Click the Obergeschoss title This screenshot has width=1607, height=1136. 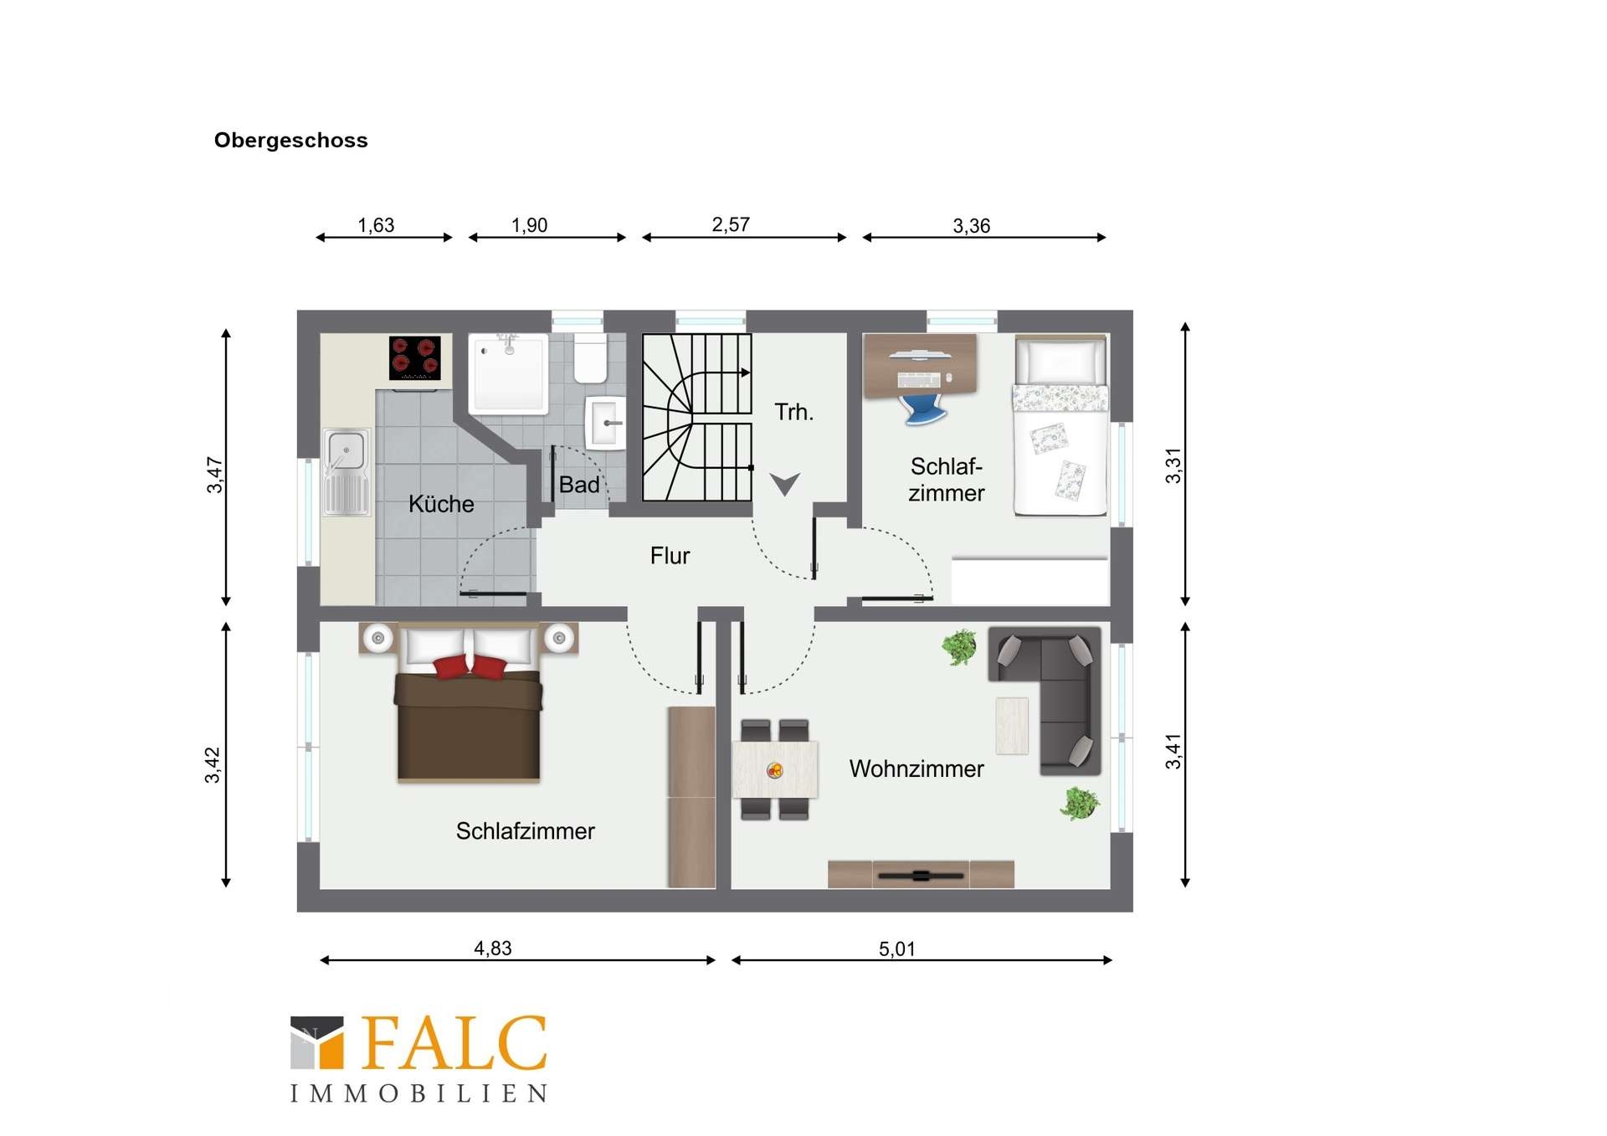290,140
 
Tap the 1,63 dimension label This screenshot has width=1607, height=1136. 376,225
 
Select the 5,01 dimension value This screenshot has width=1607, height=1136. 897,948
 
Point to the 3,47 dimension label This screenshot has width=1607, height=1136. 215,475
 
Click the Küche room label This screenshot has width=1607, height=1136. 441,504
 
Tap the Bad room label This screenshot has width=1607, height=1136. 579,485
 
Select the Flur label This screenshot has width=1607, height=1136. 670,556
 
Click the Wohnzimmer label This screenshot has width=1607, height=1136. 916,768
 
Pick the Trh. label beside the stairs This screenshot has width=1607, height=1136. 793,412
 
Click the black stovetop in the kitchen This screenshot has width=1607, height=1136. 415,358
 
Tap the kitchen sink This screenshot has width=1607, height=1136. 347,472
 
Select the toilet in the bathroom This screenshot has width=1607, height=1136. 590,358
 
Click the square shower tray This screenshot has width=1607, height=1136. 509,373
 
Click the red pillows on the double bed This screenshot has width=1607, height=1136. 470,667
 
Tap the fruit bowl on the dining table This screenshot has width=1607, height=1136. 775,770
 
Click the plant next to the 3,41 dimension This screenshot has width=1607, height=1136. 1080,804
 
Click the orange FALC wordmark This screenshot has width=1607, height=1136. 454,1043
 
